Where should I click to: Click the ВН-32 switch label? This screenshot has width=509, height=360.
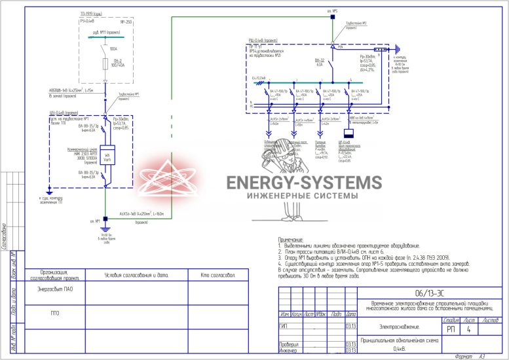click(x=320, y=60)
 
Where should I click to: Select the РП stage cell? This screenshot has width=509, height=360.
click(x=450, y=330)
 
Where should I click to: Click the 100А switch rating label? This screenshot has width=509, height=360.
click(x=113, y=48)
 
